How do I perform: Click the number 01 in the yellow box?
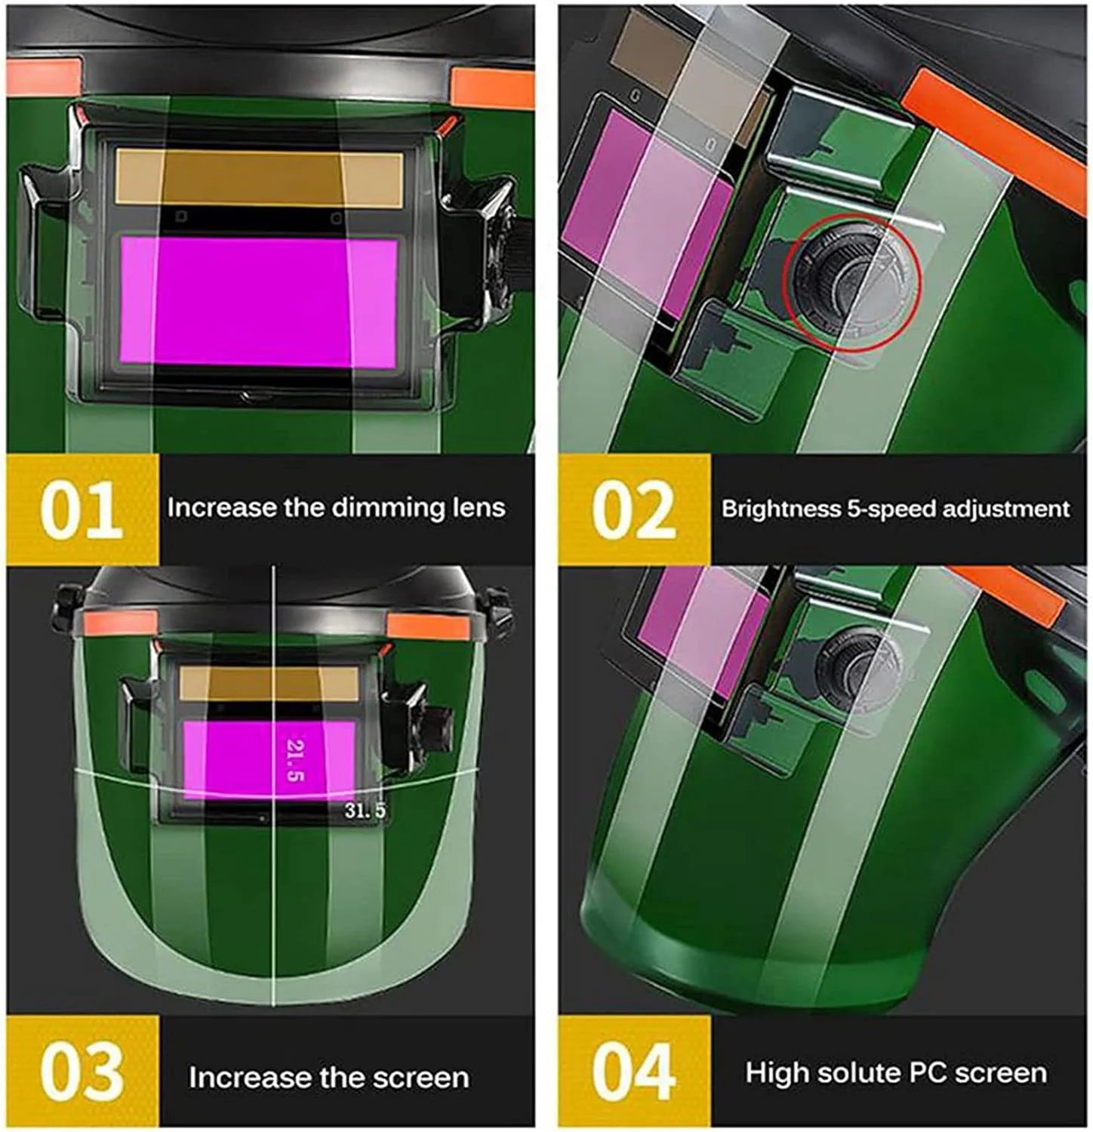82,510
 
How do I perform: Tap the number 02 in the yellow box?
634,511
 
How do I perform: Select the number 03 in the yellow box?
82,1072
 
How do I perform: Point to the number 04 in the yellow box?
634,1072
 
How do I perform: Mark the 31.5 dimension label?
365,811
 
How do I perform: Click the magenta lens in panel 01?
259,303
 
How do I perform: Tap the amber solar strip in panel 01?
259,178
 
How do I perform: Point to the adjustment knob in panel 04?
857,668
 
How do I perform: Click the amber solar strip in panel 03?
269,683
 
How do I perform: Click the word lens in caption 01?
479,508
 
